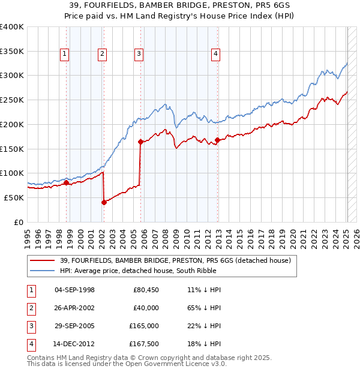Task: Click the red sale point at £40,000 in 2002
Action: (x=104, y=202)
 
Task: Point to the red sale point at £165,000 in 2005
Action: (x=140, y=142)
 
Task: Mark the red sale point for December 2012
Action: (x=217, y=140)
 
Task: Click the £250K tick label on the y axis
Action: (x=12, y=100)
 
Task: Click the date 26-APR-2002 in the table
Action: (x=74, y=308)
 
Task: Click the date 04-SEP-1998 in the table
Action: (x=74, y=290)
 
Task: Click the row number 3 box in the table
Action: (x=30, y=326)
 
